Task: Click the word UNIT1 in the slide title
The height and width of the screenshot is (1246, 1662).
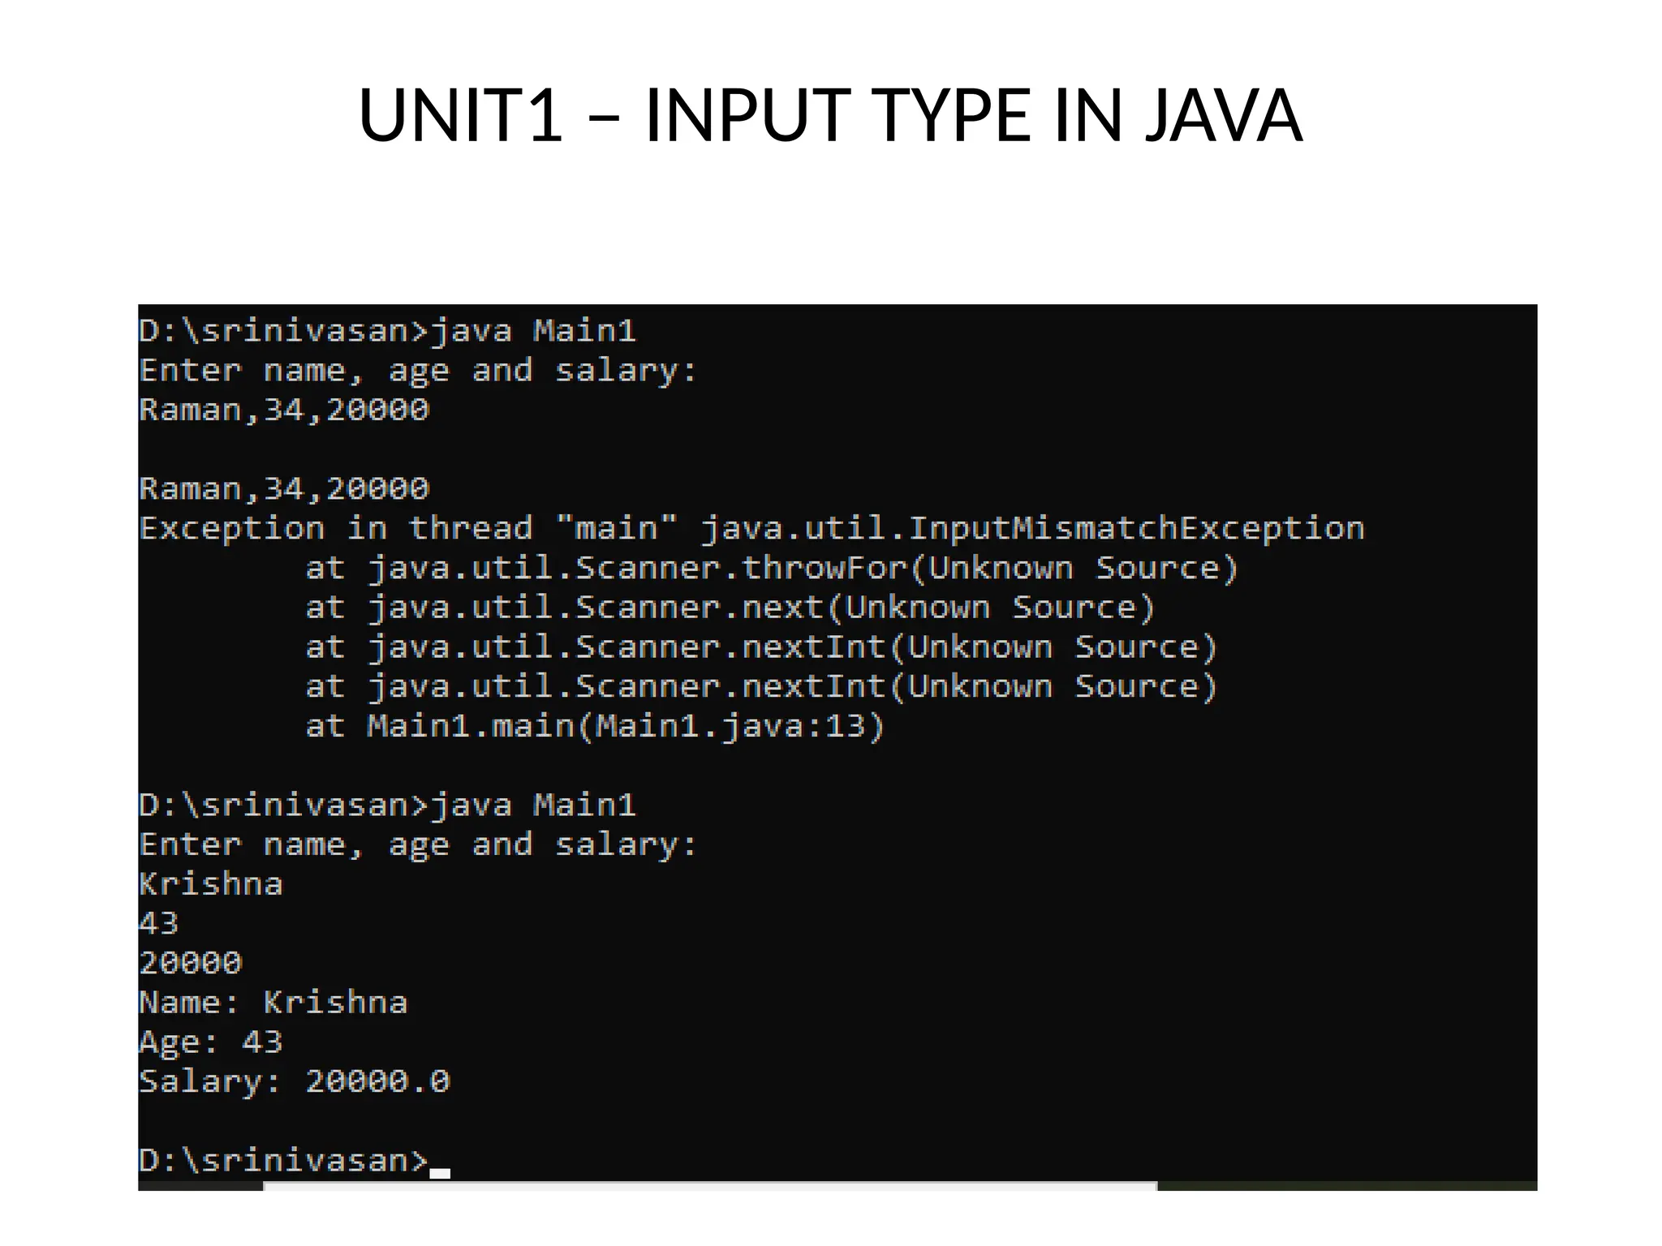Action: (460, 115)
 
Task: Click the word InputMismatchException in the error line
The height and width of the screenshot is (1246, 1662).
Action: (1136, 529)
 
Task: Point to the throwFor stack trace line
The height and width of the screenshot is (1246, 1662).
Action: (771, 569)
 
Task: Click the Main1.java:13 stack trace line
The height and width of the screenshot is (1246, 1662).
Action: (594, 726)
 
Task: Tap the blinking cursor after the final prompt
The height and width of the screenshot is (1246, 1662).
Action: (440, 1173)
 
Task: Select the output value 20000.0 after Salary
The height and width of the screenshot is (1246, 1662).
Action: (377, 1081)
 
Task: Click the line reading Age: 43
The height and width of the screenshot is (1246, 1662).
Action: (210, 1042)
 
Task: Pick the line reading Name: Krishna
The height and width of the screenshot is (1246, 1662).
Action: (273, 1003)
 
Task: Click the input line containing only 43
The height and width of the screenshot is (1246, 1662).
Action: (158, 923)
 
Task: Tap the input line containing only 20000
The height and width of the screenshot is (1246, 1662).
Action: (190, 963)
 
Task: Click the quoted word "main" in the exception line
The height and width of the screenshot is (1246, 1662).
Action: (616, 529)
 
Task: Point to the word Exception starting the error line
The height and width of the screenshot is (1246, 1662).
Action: (231, 529)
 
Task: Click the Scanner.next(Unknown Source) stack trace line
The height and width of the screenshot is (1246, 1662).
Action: (730, 608)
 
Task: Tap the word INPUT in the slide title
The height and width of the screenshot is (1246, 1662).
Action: (747, 115)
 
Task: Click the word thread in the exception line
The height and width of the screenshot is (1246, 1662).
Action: (471, 529)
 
